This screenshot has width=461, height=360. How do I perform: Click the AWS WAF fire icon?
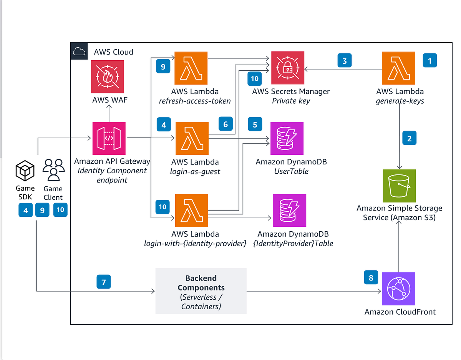[x=107, y=76]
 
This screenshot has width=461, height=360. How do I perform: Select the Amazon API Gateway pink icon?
[x=109, y=138]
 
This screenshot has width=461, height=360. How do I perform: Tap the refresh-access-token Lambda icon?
[x=191, y=68]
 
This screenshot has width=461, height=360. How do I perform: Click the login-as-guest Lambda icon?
[x=192, y=138]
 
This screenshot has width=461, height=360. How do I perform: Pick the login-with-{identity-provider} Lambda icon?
[x=191, y=210]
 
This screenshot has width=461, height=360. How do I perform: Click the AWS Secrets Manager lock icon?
[x=287, y=68]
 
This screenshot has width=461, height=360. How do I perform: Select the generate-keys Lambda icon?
[x=398, y=68]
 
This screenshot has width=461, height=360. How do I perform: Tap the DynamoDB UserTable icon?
[x=287, y=138]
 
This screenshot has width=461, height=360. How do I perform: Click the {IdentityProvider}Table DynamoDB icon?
[x=290, y=210]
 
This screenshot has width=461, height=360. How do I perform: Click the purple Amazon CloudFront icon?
[x=399, y=289]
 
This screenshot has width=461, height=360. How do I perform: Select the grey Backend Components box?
[x=201, y=291]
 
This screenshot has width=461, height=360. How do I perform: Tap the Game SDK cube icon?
[x=25, y=171]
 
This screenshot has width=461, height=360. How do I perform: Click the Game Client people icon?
[x=53, y=171]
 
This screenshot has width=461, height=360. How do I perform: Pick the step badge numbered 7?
[x=103, y=282]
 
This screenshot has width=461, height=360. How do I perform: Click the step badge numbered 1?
[x=430, y=61]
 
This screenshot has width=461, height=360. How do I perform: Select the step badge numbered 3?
[x=345, y=61]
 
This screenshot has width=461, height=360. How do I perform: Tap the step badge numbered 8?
[x=371, y=278]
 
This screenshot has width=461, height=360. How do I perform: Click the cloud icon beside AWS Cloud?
[x=79, y=51]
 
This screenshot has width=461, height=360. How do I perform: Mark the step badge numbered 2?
[x=409, y=138]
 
